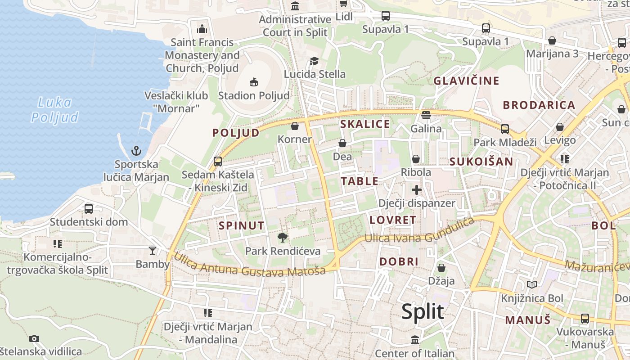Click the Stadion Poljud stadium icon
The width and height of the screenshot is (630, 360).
click(x=254, y=82)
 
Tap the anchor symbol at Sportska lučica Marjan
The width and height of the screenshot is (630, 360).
click(x=136, y=151)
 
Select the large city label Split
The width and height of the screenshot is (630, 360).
click(x=423, y=311)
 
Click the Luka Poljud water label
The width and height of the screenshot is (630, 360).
click(x=54, y=110)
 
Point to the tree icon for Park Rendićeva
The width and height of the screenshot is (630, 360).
click(x=283, y=237)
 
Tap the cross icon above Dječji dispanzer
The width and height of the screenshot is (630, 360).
click(x=417, y=189)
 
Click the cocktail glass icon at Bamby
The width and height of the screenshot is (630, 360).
click(x=153, y=250)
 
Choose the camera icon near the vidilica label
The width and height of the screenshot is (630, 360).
click(x=34, y=338)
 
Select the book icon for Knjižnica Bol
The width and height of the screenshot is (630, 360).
click(x=532, y=284)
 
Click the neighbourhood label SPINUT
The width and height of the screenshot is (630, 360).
click(x=242, y=225)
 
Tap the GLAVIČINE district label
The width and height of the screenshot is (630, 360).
click(x=466, y=81)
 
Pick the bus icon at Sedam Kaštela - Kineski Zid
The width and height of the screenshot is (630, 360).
click(x=218, y=161)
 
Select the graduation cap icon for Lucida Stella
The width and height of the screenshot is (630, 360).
click(x=314, y=61)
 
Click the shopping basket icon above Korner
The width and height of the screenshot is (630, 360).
click(x=295, y=126)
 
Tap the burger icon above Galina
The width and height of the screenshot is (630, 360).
click(x=426, y=115)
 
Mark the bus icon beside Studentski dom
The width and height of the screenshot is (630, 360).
click(x=89, y=208)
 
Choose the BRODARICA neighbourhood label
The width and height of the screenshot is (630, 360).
click(x=539, y=105)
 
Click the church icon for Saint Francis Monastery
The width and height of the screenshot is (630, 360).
click(x=202, y=29)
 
